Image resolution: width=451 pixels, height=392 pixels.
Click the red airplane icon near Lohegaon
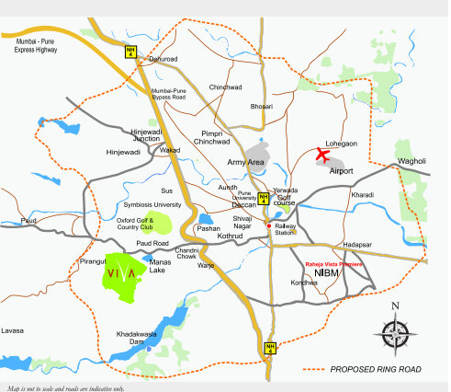pyautogui.click(x=322, y=154)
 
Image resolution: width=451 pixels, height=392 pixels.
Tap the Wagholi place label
pyautogui.click(x=412, y=162)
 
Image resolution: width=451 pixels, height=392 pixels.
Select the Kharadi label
pyautogui.click(x=361, y=195)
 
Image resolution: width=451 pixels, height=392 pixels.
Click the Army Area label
pyautogui.click(x=245, y=163)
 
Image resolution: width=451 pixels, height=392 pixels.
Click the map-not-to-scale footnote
pyautogui.click(x=65, y=387)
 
